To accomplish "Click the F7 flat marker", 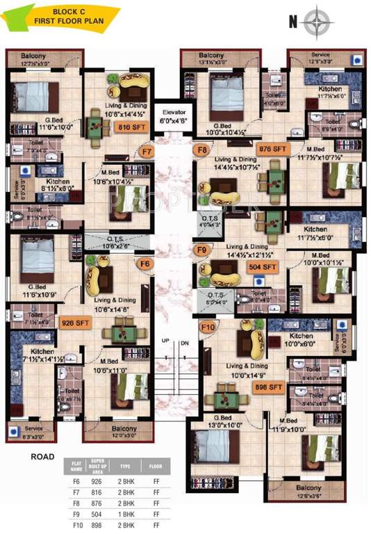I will pos(147,151).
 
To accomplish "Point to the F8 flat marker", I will pos(202,150).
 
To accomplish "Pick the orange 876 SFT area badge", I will pos(272,149).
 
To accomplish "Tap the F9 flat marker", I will pos(202,249).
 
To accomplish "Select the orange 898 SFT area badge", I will pos(269,386).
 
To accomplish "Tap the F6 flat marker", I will pos(145,264).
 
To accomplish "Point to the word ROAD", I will pos(44,457).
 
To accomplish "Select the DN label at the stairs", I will pos(184,341).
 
